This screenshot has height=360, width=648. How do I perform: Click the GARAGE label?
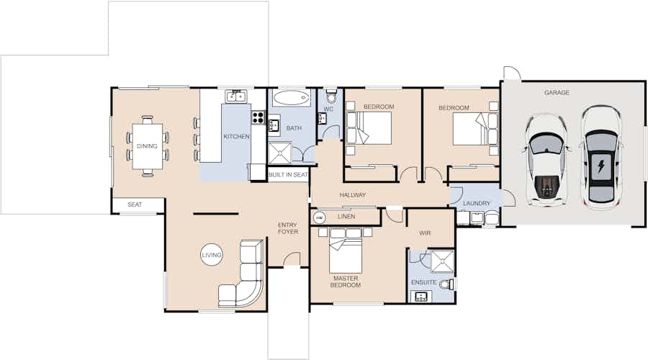coord(557,93)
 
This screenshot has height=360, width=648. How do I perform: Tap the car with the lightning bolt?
coord(600,158)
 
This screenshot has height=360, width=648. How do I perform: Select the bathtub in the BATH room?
coord(291,98)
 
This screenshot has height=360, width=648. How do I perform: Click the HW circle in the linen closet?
coord(320,217)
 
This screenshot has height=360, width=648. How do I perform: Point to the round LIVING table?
coord(212,255)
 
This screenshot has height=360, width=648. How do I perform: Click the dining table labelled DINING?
coord(147,146)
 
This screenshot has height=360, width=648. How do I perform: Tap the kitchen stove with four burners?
coord(258,117)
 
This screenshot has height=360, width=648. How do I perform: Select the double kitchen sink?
coord(236,96)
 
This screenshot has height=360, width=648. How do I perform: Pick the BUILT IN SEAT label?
coord(288,175)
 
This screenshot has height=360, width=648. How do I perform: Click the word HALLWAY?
coord(353,194)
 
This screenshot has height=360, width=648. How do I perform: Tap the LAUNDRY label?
coord(477,203)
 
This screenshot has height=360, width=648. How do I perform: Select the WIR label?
coord(425,233)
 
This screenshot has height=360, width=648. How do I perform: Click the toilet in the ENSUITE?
coord(446,284)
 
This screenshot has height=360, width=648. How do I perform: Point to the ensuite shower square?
coord(442,261)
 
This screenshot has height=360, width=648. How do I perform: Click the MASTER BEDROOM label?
coord(346,282)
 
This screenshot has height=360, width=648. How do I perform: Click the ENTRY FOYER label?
coord(287,228)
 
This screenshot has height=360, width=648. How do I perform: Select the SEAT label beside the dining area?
coord(135,204)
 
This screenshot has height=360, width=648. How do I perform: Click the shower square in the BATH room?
coord(280,153)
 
